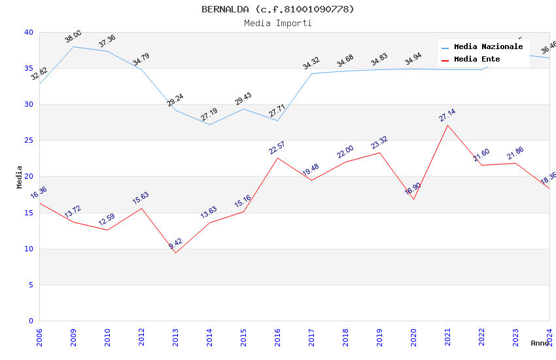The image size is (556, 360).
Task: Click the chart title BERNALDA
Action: pos(278,9)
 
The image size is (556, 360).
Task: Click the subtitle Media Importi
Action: pos(278,23)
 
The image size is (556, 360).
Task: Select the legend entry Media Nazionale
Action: pos(488,47)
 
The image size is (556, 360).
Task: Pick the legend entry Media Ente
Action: pos(477,59)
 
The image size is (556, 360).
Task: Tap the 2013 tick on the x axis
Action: pos(175,336)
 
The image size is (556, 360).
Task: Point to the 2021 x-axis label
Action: pos(447,336)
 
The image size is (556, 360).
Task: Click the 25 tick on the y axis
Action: pos(29,140)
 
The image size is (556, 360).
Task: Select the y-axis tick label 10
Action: pos(29,249)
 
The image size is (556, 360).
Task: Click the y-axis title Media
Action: pos(19,177)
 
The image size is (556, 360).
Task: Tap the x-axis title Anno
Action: pos(540,343)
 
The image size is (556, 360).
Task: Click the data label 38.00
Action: pos(73,37)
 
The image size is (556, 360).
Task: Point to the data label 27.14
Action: pos(447,115)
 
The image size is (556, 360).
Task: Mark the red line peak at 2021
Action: pos(447,125)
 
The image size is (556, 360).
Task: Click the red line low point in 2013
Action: pos(175,253)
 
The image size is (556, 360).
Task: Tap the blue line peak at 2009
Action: pos(73,46)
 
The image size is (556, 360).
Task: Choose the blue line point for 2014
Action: pos(209,124)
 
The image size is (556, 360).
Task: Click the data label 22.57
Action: pos(277,148)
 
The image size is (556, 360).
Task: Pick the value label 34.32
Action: pos(311,63)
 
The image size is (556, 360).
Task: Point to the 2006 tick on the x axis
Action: pos(39,336)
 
